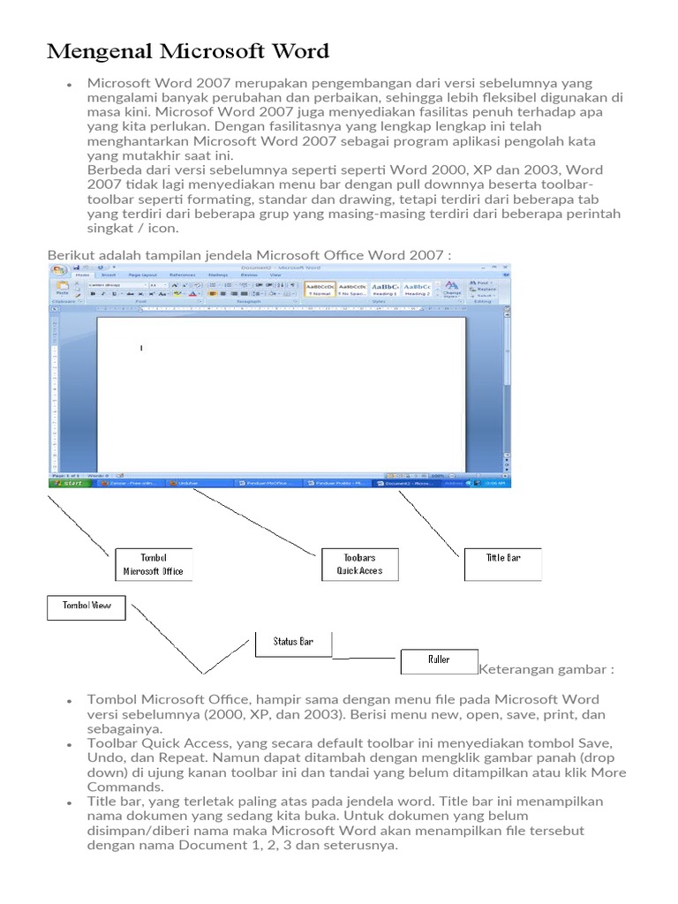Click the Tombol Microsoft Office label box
153,564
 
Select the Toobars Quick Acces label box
359,564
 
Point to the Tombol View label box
86,607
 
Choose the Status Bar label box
293,643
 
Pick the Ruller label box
439,660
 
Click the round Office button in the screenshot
59,270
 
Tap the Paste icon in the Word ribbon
62,288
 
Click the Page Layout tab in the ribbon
141,275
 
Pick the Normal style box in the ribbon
320,289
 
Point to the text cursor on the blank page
141,348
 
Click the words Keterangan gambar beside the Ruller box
546,669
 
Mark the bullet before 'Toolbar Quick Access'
69,746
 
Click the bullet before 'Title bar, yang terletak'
69,802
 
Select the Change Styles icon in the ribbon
451,289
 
